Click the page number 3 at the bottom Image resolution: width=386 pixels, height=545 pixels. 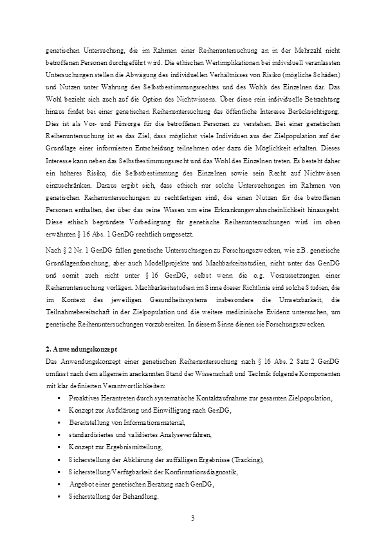[193, 518]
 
